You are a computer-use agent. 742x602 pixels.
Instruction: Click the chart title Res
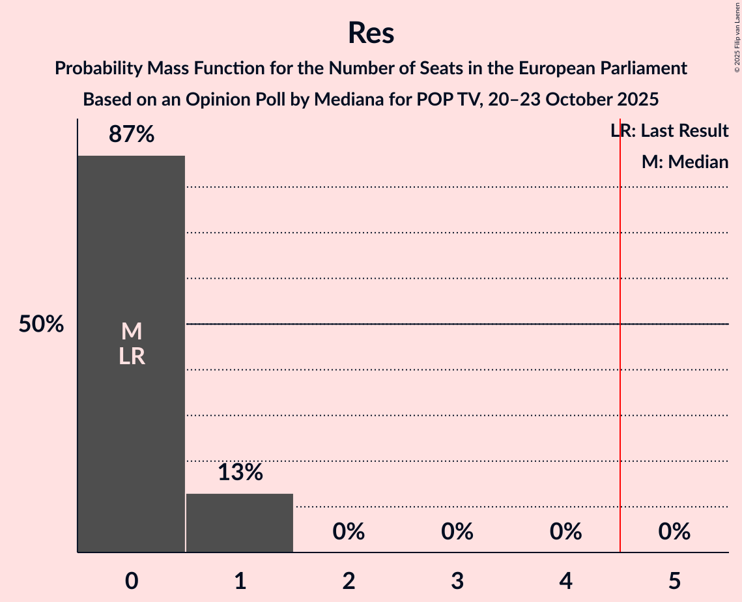(371, 33)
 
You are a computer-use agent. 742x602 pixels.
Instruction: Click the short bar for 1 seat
(240, 523)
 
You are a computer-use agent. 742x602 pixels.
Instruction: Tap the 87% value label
(132, 135)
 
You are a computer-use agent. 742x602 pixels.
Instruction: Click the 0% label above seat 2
(349, 532)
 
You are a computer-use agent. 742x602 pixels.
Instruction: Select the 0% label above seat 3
(457, 532)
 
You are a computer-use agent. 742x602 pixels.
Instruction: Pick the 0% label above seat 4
(565, 532)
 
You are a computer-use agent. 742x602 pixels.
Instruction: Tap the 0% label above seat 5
(674, 532)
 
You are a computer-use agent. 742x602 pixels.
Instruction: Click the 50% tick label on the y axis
(41, 324)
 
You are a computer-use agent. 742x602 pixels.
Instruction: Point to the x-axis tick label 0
(132, 580)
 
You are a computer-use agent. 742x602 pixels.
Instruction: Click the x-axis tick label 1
(240, 580)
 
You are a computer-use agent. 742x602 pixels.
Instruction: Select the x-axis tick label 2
(349, 580)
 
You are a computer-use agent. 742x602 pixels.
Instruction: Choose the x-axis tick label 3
(457, 580)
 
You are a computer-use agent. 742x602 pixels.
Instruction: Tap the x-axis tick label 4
(565, 580)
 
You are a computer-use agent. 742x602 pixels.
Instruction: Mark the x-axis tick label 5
(674, 580)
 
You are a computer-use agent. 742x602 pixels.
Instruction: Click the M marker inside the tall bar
(132, 332)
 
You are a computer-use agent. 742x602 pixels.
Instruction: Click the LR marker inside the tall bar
(132, 357)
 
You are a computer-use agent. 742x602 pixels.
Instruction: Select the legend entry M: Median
(685, 162)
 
